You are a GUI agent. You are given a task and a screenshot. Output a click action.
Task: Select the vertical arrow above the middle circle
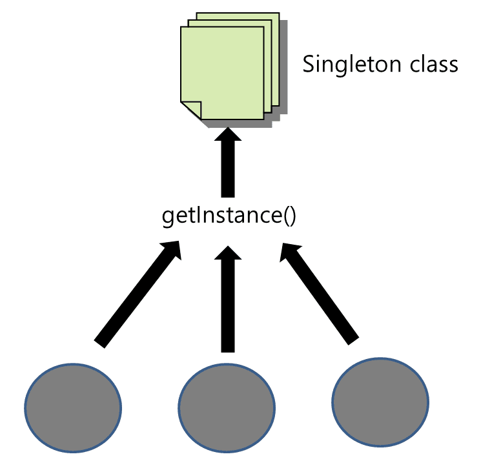227,300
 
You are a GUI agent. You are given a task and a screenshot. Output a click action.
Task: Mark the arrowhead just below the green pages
227,134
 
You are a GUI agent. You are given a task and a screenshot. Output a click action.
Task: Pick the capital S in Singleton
309,65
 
